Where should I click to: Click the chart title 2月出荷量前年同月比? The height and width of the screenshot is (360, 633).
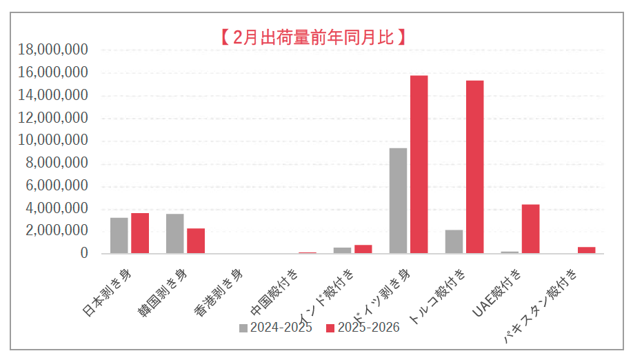click(312, 37)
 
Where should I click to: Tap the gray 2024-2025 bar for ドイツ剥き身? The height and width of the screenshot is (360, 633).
click(398, 201)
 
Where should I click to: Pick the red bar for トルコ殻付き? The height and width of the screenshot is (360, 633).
click(474, 167)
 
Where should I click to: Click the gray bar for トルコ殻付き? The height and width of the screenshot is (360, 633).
click(454, 241)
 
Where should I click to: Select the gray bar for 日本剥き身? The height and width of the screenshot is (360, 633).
click(119, 235)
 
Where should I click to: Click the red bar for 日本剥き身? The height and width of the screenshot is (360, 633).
click(140, 233)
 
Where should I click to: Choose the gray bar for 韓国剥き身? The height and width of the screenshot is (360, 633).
click(175, 233)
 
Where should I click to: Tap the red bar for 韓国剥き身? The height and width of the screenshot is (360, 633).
click(196, 241)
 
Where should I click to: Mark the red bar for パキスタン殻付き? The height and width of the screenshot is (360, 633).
click(586, 250)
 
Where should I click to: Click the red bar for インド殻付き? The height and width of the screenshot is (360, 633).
click(363, 249)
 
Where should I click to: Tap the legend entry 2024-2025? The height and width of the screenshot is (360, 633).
click(276, 328)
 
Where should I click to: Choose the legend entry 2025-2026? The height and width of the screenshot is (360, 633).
click(363, 328)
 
